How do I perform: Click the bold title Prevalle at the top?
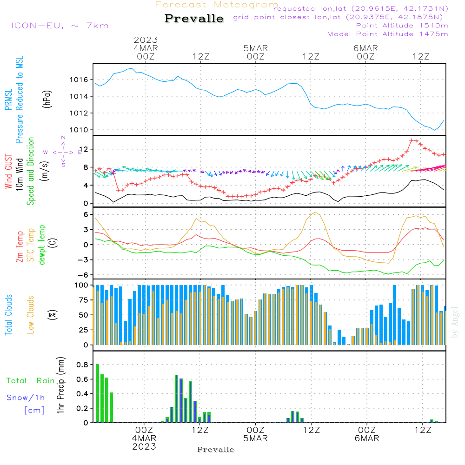pos(194,19)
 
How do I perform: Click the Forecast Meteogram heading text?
pos(217,5)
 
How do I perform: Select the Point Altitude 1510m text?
pos(402,26)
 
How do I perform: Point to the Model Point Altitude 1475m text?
pos(387,34)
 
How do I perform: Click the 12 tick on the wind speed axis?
pos(84,149)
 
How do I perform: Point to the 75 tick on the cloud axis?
pos(82,300)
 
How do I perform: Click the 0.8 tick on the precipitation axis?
pos(82,365)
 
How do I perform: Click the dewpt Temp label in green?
pos(42,245)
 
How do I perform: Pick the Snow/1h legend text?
pos(26,398)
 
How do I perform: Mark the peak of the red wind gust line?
pos(412,140)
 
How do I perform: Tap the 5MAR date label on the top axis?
pos(255,48)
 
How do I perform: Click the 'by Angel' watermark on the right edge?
pos(454,322)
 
